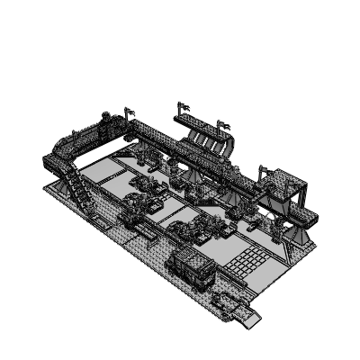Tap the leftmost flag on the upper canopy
(x=184, y=107)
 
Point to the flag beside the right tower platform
(x=263, y=169)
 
